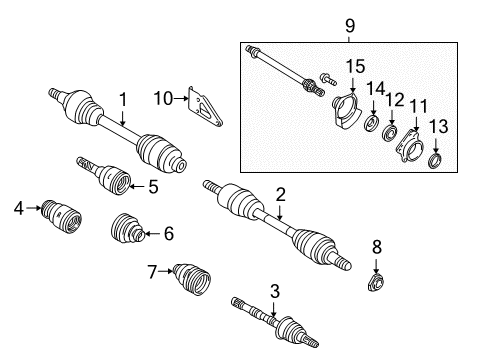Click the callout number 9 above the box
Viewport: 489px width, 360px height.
click(350, 26)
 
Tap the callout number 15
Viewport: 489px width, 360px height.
click(355, 66)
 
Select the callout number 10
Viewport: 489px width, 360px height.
click(163, 99)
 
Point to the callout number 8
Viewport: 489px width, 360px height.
click(376, 247)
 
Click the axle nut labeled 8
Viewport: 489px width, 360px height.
click(376, 282)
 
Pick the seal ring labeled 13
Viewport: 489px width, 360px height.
click(435, 160)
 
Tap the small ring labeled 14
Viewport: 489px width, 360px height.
click(371, 123)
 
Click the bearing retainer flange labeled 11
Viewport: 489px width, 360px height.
click(409, 147)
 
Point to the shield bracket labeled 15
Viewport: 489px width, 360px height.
click(347, 111)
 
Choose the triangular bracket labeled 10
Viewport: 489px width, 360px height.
click(204, 106)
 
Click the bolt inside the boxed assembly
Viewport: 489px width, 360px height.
click(328, 79)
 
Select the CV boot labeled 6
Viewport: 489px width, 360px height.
click(128, 229)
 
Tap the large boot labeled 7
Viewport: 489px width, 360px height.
click(192, 279)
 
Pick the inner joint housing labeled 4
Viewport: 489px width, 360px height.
click(61, 217)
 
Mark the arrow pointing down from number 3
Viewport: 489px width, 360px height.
click(274, 309)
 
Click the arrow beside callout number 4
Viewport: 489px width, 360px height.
click(33, 208)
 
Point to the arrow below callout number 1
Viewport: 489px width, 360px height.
click(123, 118)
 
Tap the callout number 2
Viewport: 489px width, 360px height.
click(281, 195)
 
